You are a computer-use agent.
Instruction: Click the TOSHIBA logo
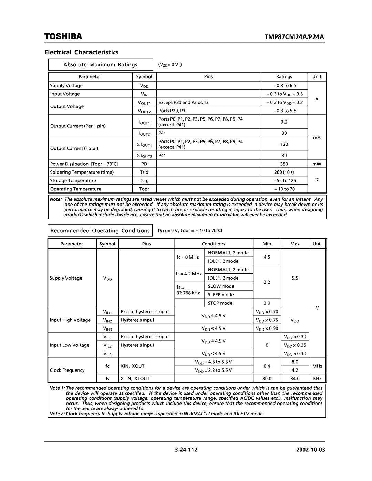pos(63,36)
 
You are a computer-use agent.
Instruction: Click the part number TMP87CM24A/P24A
pos(296,36)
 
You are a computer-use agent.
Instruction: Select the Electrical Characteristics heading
pos(81,52)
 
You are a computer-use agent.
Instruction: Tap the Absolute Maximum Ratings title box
pos(100,65)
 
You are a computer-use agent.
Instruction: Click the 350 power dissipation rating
pos(284,164)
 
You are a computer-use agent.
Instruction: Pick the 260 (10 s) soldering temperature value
pos(284,172)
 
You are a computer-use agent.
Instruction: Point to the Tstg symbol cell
pos(144,180)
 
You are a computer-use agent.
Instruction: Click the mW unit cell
pos(317,164)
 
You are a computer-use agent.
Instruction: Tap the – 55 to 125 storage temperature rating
pos(284,180)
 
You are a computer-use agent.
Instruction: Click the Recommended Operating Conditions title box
pos(100,230)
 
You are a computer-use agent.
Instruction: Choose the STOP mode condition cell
pos(220,303)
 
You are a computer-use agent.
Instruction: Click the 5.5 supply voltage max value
pos(295,278)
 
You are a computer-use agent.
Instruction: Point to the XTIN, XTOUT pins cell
pos(135,378)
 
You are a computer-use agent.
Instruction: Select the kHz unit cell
pos(317,378)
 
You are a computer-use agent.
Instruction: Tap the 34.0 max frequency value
pos(295,378)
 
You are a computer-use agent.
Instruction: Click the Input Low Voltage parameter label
pos(70,345)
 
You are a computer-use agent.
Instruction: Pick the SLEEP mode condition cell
pos(221,295)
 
